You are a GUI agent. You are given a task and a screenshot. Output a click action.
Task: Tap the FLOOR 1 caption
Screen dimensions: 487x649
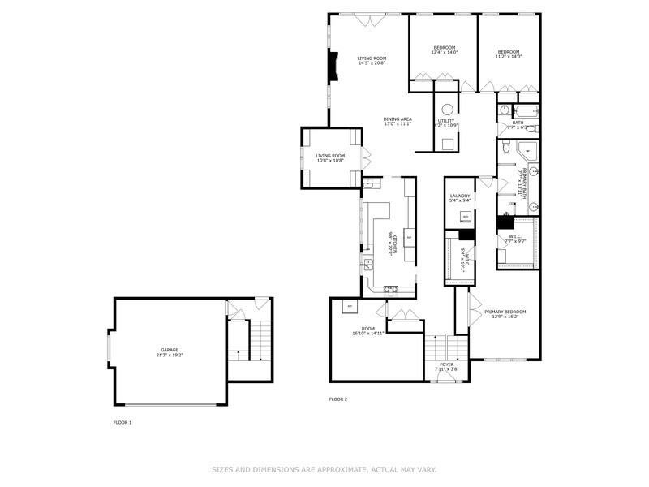click(x=122, y=422)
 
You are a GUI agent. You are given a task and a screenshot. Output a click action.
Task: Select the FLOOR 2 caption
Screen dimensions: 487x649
click(x=337, y=399)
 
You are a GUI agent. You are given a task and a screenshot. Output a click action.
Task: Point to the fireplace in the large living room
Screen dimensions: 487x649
click(x=332, y=67)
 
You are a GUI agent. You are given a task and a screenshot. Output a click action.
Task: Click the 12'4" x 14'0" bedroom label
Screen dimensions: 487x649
click(x=444, y=50)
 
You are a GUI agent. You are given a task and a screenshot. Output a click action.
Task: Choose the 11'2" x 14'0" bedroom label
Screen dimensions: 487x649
click(x=509, y=54)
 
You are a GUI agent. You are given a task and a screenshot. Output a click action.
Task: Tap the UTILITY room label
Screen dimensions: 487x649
click(x=447, y=123)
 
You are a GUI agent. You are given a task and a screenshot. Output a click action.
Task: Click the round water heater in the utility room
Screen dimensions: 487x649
click(x=447, y=110)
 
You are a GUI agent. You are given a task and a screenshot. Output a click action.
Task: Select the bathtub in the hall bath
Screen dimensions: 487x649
click(x=518, y=110)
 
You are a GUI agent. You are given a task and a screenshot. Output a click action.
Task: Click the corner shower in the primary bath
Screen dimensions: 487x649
click(x=527, y=150)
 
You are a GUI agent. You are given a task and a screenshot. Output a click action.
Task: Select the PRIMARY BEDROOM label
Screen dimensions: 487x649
click(x=505, y=314)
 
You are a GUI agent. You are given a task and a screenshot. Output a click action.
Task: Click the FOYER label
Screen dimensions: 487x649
click(x=447, y=367)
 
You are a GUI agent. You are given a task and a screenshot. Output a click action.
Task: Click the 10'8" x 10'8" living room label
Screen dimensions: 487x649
click(x=330, y=157)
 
